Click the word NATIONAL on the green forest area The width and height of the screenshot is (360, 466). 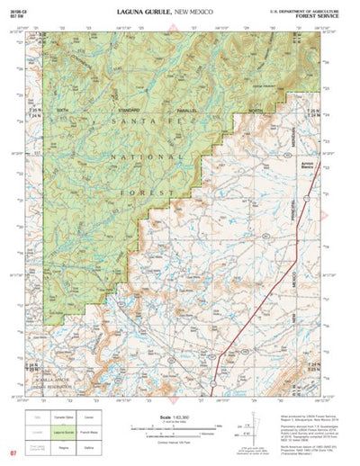pyautogui.click(x=101, y=156)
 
